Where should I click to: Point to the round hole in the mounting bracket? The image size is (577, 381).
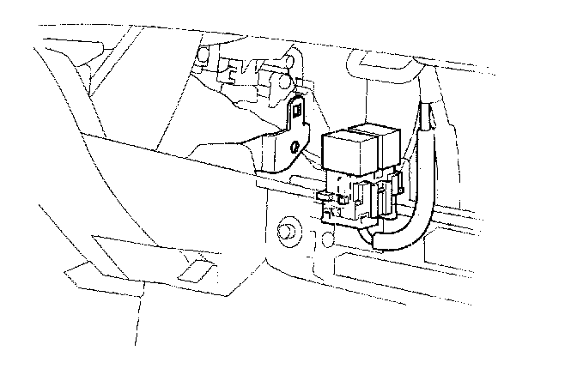295,148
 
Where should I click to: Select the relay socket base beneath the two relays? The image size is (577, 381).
356,202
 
